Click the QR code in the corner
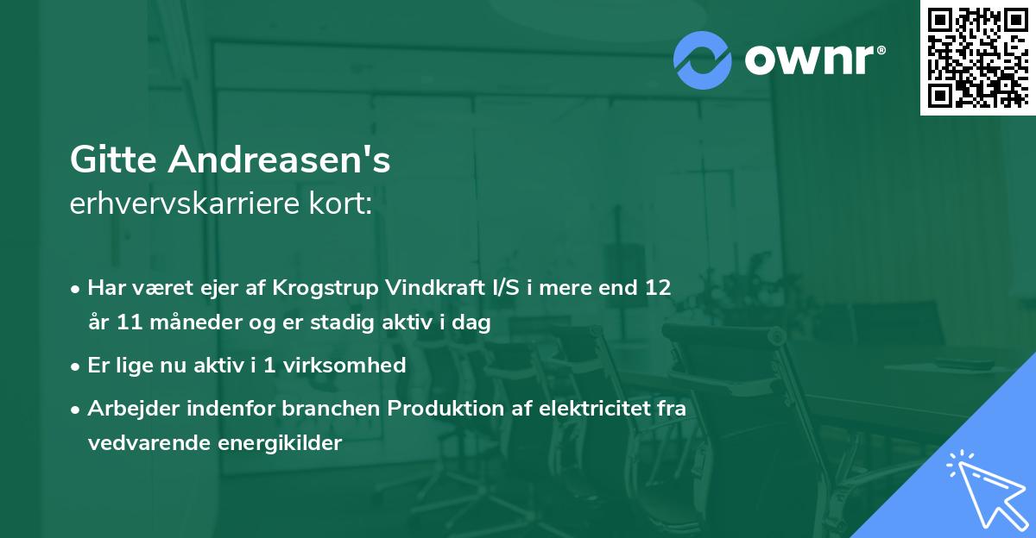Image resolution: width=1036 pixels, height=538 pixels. click(977, 57)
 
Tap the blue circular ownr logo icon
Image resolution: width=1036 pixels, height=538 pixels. click(703, 59)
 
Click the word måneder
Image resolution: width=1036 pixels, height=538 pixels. click(193, 323)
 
